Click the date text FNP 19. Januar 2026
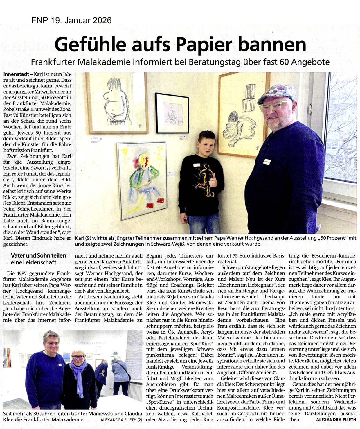click(x=71, y=20)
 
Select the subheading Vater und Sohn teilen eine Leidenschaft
click(x=38, y=259)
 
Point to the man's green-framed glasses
click(x=274, y=106)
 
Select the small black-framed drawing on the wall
click(x=172, y=113)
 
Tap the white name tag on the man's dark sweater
click(x=267, y=160)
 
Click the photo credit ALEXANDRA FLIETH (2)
click(x=121, y=420)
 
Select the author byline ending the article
click(x=336, y=419)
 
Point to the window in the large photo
click(x=341, y=128)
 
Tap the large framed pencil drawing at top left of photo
click(x=117, y=103)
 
